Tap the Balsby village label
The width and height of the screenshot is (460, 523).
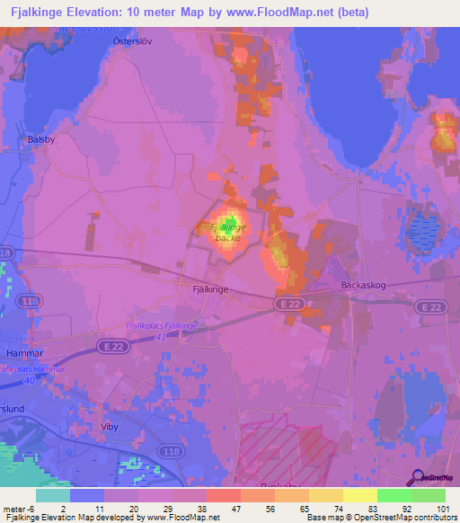tap(41, 139)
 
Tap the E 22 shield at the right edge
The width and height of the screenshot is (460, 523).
tap(429, 307)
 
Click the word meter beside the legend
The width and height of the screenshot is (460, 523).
tap(15, 508)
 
